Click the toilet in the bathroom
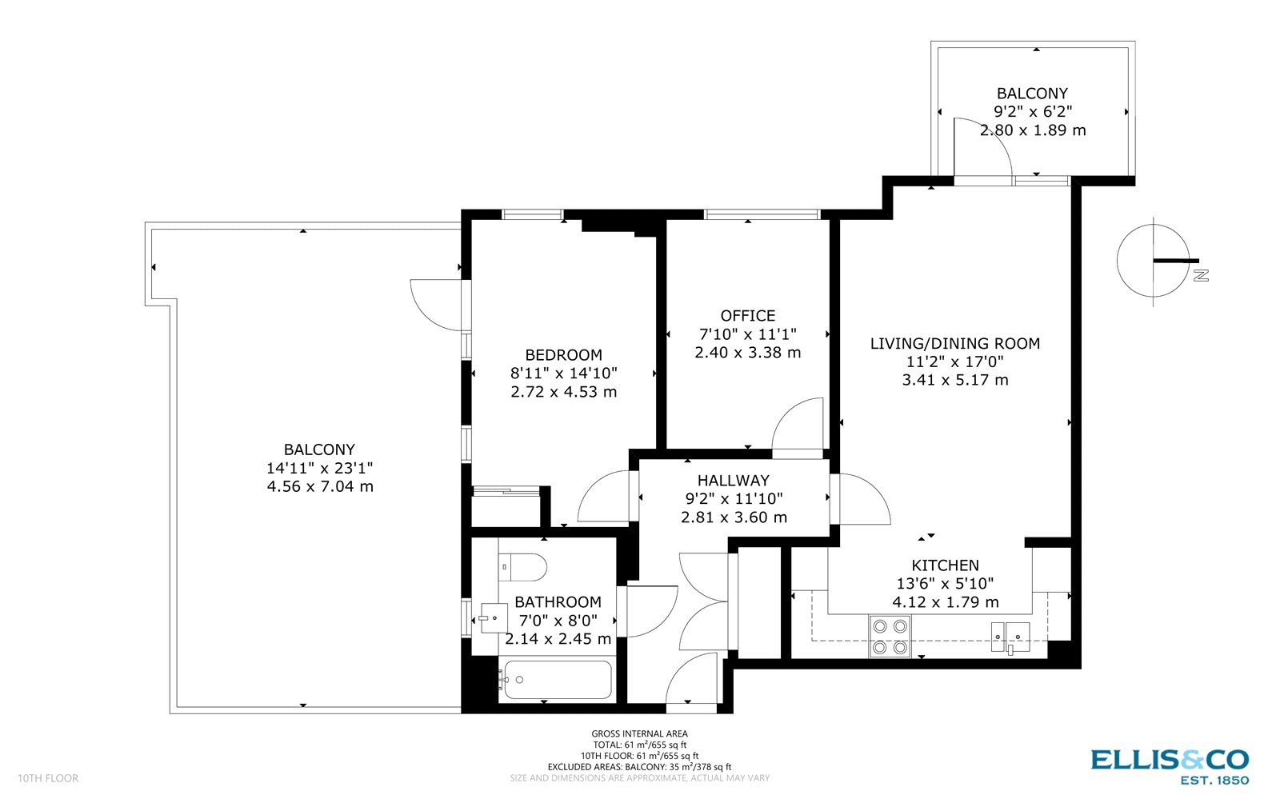click(x=523, y=567)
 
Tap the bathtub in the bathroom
click(x=555, y=680)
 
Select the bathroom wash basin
click(x=494, y=618)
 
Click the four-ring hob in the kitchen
click(x=890, y=637)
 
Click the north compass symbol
click(x=1154, y=261)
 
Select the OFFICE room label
click(x=747, y=316)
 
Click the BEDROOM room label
click(x=563, y=355)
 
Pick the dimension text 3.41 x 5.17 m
click(x=954, y=380)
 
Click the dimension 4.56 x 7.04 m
click(x=320, y=486)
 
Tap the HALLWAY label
click(x=733, y=481)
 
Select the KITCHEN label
click(x=945, y=565)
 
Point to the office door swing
click(x=798, y=424)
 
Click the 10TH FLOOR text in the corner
click(x=48, y=778)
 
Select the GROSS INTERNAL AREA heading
click(x=639, y=733)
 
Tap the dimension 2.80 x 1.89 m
click(x=1033, y=130)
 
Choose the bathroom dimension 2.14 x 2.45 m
click(x=558, y=639)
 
